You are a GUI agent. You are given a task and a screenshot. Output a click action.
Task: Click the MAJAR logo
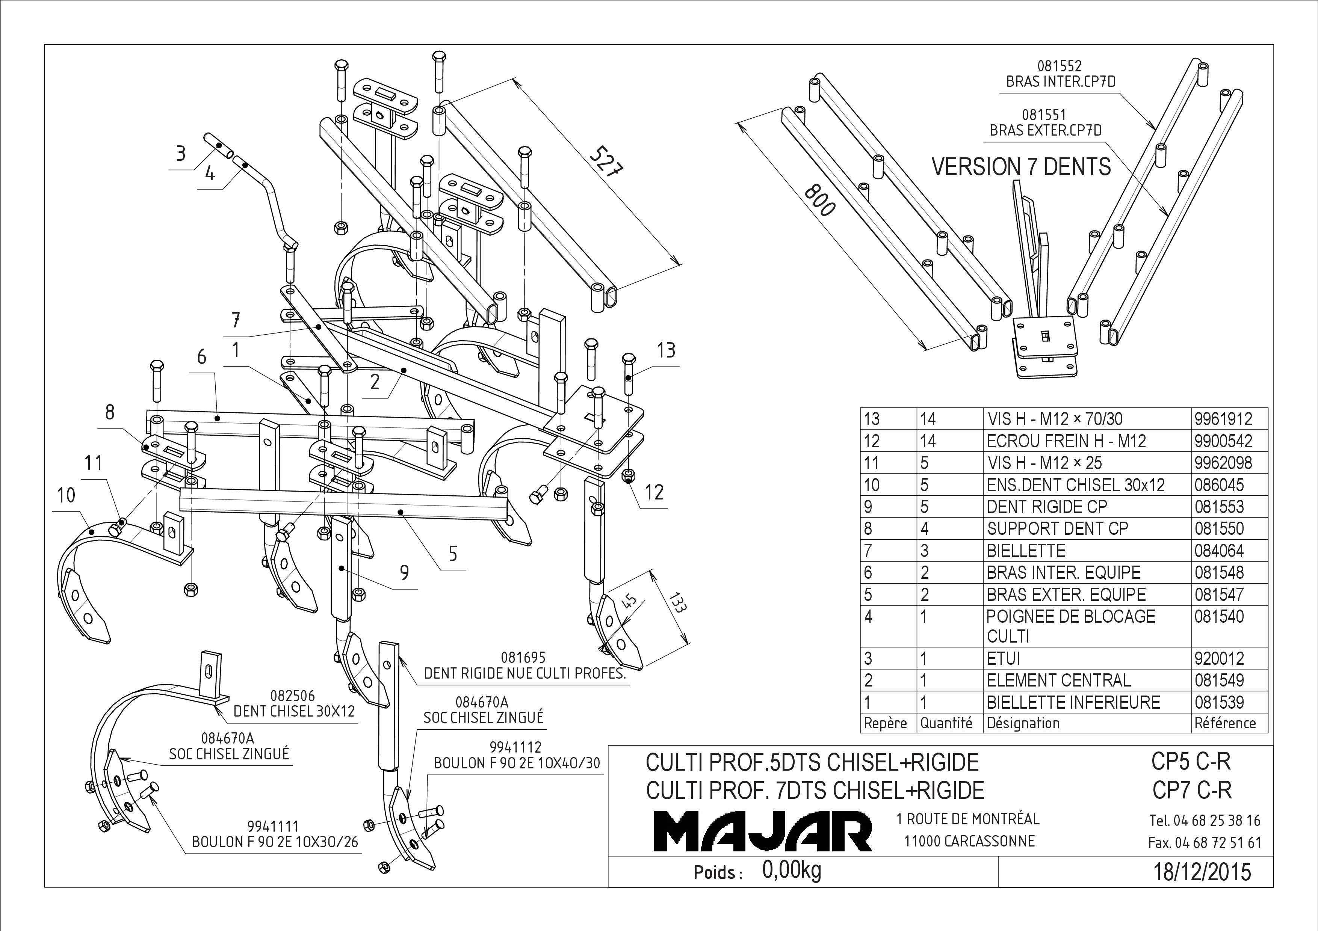pos(763,830)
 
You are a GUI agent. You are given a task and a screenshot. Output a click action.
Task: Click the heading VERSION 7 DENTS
pos(1021,167)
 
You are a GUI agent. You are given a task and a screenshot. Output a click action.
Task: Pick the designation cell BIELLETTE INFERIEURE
pos(1073,702)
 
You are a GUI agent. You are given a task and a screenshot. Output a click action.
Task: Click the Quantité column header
pos(946,723)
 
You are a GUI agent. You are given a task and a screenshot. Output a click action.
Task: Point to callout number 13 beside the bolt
pos(666,350)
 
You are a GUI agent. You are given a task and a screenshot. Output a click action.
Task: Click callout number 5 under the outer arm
pos(453,554)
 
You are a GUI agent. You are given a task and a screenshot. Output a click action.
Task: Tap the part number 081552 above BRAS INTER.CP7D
pos(1059,66)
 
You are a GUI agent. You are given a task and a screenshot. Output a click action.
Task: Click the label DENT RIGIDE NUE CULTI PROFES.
pos(524,673)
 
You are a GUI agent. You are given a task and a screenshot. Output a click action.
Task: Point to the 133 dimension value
pos(677,601)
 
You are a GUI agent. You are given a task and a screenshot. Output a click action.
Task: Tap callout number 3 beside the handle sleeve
pos(181,154)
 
